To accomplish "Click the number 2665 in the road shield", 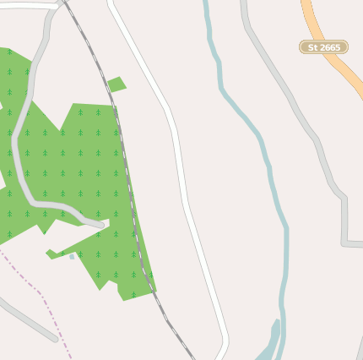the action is (x=330, y=47).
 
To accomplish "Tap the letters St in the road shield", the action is (x=313, y=47).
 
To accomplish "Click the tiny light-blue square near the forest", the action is (x=72, y=256).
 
